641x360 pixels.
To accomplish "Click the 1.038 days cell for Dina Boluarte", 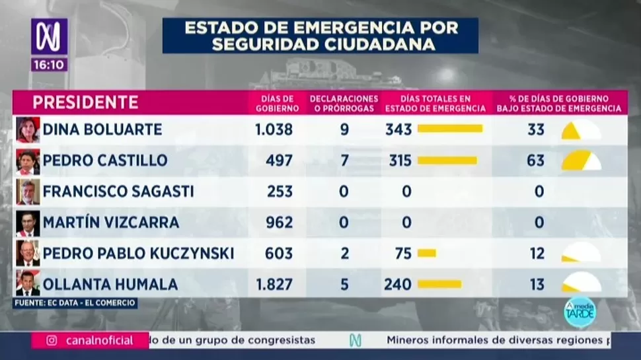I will [x=274, y=129].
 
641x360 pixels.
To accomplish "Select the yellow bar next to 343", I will [x=450, y=129].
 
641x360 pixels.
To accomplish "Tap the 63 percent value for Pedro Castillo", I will [x=536, y=161].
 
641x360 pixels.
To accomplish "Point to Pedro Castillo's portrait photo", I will [x=28, y=161].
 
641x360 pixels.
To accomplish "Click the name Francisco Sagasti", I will [x=118, y=192].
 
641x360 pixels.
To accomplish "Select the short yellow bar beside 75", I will [x=427, y=253].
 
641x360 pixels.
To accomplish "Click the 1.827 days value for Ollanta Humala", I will [x=274, y=285].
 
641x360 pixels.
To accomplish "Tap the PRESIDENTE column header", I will [x=85, y=102].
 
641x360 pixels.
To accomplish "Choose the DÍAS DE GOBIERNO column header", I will [x=273, y=103].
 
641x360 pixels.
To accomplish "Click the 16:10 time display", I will [x=48, y=65].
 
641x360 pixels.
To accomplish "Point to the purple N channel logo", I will [x=48, y=36].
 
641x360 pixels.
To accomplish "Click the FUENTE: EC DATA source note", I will [x=75, y=303].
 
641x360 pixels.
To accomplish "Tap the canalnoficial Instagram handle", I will [x=99, y=341].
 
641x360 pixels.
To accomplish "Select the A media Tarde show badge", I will [x=580, y=312].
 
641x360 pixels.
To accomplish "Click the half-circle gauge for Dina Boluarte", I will [x=580, y=130].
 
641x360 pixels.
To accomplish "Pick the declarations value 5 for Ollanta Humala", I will [x=344, y=285].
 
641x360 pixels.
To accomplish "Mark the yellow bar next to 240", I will [x=439, y=284].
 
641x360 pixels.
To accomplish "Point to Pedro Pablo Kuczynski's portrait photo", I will [x=28, y=253].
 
